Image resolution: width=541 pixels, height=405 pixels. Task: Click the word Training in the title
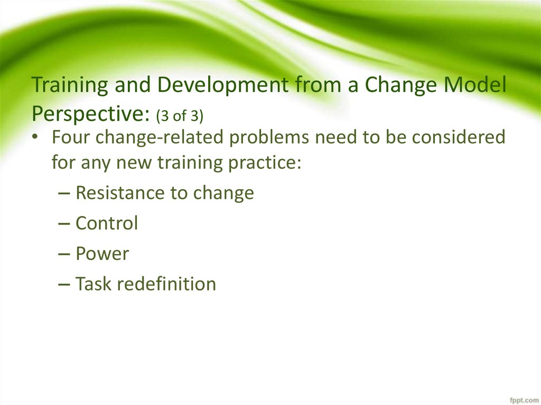coord(70,85)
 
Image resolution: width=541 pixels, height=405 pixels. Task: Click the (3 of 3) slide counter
coord(180,116)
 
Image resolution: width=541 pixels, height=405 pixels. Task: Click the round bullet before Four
coord(34,137)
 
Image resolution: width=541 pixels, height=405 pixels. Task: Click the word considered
coord(459,137)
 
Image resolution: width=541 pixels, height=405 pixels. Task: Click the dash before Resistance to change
coord(64,193)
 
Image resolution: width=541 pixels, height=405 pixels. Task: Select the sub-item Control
coord(107,223)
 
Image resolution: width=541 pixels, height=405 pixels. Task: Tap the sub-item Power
coord(102,253)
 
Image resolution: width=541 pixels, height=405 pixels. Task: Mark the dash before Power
coord(64,254)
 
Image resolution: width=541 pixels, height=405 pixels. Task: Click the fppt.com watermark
coord(524,400)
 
